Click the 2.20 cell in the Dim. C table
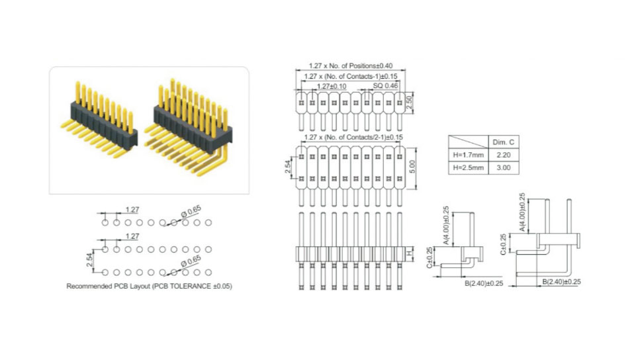504,155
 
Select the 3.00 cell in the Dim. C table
504,167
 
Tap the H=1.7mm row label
469,155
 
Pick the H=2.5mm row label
469,167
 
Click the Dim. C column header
504,142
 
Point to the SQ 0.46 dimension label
385,86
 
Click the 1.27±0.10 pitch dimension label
332,86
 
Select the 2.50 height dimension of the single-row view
409,103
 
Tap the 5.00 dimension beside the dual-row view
412,167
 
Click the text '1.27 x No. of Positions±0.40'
351,66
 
